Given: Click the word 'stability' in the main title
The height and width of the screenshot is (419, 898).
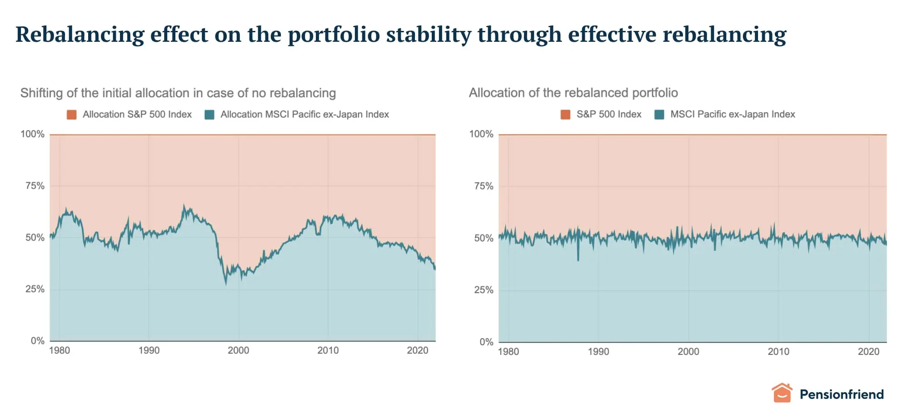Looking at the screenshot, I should (429, 35).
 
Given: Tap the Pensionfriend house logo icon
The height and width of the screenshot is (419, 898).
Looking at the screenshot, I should (782, 393).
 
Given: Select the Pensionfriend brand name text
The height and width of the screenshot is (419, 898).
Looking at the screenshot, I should (841, 394).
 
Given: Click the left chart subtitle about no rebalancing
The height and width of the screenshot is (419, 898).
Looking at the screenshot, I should (178, 93).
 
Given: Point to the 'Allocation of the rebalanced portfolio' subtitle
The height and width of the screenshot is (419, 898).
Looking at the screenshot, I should (573, 93).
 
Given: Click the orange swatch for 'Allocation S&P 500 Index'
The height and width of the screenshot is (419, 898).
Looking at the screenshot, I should (71, 115).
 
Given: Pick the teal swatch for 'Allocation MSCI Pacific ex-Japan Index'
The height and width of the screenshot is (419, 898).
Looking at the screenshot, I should (210, 115).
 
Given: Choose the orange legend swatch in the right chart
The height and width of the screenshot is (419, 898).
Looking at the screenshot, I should (565, 115).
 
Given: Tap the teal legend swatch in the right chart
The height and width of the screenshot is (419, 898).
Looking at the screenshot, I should (659, 115).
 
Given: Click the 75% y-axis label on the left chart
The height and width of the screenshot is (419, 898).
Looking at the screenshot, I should (35, 186).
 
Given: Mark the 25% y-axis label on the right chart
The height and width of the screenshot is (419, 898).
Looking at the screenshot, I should (484, 290).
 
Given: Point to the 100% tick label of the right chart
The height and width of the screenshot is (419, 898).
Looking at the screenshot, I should (481, 134).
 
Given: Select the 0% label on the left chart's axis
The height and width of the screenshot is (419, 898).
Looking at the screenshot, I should (37, 341).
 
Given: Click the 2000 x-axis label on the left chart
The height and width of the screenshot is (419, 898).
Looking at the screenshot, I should (238, 350).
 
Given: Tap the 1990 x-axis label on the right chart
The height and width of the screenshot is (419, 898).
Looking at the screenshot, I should (598, 351).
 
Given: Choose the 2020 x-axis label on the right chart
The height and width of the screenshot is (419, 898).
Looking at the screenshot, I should (868, 351).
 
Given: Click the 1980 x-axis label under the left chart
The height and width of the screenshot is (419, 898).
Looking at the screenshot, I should (60, 350).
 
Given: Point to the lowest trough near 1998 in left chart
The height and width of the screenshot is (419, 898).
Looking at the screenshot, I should (226, 284).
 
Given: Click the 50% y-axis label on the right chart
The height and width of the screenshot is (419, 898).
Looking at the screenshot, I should (484, 238).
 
